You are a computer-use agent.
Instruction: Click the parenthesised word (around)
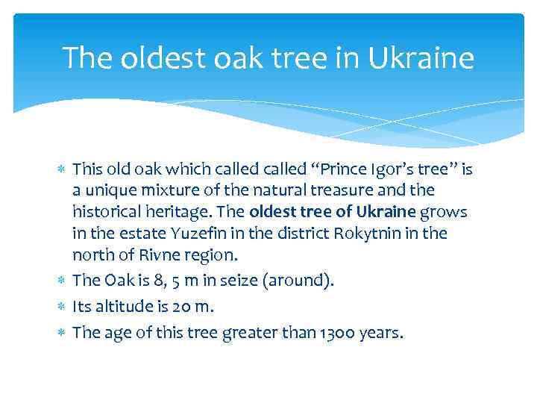(295, 281)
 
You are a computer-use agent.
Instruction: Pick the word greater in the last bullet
(251, 333)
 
